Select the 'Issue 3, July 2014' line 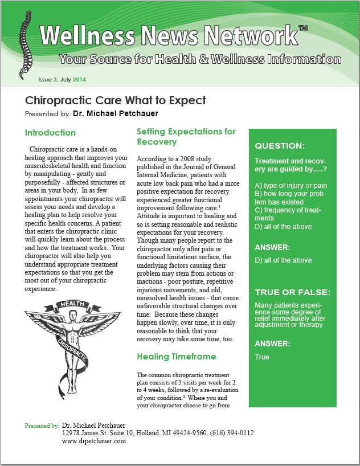coord(62,79)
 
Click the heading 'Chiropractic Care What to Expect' coord(116,101)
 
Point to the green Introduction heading coord(50,133)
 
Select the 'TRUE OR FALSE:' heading coord(292,292)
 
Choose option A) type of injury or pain coord(291,186)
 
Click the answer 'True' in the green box coord(262,357)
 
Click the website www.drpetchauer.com coord(93,442)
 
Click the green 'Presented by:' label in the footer coord(42,426)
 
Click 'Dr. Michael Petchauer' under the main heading coord(116,114)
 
